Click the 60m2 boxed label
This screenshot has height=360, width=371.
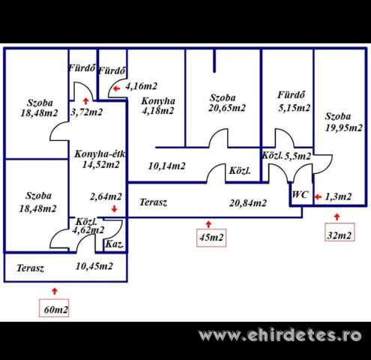click(x=54, y=308)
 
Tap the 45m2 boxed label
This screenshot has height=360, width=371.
click(x=211, y=238)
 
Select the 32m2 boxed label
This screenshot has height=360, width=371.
click(x=340, y=232)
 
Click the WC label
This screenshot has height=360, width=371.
click(x=300, y=194)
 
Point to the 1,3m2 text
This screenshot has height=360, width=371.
click(x=338, y=196)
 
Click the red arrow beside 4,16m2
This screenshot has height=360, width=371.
click(x=116, y=88)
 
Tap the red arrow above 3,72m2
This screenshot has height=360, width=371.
click(x=85, y=101)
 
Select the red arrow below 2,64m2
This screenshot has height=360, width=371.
click(x=115, y=209)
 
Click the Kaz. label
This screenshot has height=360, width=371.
click(x=115, y=244)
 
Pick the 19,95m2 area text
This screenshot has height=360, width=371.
click(x=344, y=127)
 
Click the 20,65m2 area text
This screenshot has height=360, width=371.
click(x=227, y=108)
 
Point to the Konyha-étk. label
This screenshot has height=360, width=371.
click(x=100, y=154)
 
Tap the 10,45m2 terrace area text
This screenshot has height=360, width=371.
click(x=94, y=266)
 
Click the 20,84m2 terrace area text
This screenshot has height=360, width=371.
click(x=248, y=203)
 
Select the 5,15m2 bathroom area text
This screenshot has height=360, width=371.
click(x=295, y=108)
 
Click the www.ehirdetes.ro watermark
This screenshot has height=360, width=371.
click(x=280, y=335)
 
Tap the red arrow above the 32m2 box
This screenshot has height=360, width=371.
click(x=337, y=217)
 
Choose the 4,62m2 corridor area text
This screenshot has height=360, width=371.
click(x=88, y=230)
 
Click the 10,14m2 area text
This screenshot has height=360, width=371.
click(x=166, y=166)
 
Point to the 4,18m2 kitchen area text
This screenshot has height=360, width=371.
click(x=157, y=110)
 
